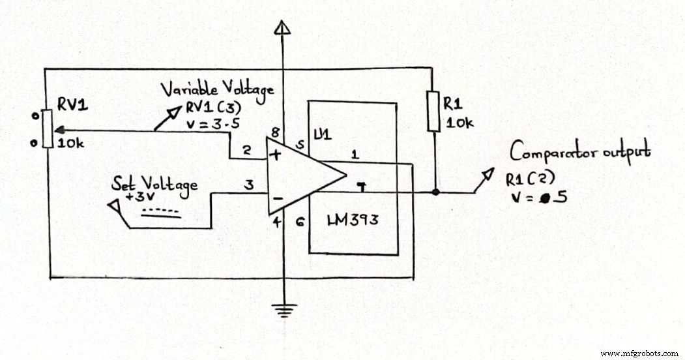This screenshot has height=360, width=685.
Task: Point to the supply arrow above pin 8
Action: (282, 28)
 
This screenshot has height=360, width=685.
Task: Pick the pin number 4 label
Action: (276, 223)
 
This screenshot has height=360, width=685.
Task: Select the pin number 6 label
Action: (300, 222)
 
